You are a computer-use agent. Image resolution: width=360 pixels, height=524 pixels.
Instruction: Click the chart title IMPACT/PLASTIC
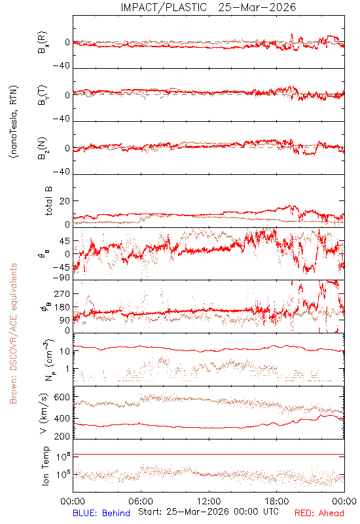(164, 7)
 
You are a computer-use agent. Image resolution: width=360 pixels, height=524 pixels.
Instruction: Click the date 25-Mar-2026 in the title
(257, 7)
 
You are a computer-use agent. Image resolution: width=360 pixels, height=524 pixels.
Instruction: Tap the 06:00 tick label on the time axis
(141, 501)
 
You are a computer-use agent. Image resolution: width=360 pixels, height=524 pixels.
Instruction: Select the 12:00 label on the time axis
(209, 501)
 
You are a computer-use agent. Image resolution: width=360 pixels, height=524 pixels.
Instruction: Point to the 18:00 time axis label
(277, 501)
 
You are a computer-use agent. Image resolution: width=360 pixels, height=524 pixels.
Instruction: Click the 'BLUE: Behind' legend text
(101, 513)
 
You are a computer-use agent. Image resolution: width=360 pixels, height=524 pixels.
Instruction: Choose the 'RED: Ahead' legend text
(319, 513)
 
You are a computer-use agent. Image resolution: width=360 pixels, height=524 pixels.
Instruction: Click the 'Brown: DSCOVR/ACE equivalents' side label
(13, 333)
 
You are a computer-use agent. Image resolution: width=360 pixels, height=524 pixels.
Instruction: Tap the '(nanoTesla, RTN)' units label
(14, 122)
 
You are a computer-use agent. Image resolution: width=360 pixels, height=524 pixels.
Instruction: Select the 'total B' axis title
(48, 200)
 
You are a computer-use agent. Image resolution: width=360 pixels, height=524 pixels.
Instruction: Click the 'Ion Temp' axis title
(45, 465)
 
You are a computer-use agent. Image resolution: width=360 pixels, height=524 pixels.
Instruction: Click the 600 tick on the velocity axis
(62, 398)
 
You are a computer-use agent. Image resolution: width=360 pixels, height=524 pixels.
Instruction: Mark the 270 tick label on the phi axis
(62, 293)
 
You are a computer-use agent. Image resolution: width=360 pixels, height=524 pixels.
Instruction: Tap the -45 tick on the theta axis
(61, 268)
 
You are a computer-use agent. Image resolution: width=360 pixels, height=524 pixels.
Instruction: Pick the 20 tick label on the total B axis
(65, 201)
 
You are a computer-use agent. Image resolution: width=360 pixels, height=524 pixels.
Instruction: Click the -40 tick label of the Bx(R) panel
(61, 66)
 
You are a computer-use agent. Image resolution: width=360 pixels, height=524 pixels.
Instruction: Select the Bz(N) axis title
(43, 148)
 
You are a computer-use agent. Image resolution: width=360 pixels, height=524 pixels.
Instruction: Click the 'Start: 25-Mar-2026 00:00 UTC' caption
(208, 512)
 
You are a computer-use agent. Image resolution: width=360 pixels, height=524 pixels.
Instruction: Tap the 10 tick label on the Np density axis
(65, 351)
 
